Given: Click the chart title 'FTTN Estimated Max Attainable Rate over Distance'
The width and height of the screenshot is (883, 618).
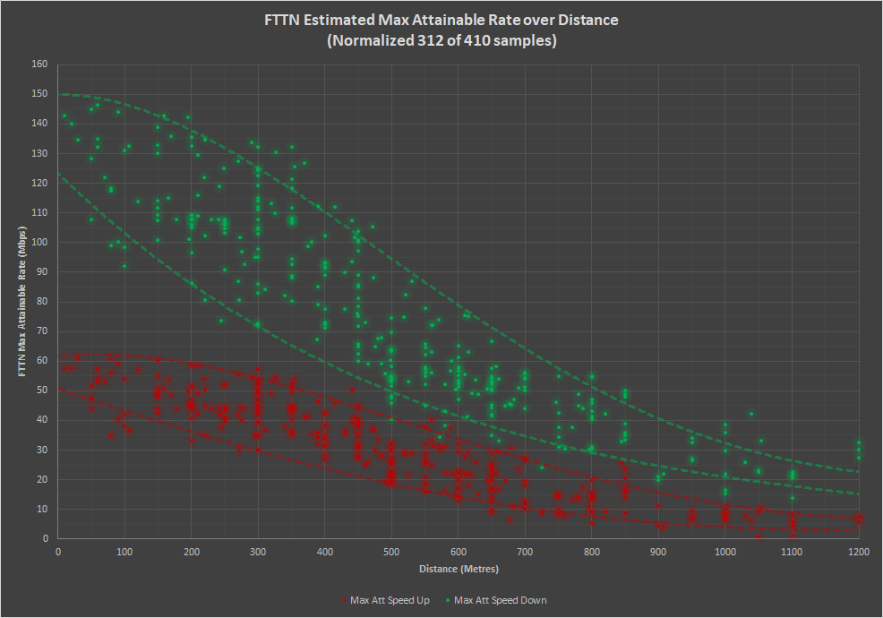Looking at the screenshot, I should (441, 19).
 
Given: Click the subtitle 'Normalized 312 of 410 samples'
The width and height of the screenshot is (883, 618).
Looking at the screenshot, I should (441, 40).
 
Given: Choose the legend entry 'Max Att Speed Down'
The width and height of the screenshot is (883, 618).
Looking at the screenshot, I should (501, 600).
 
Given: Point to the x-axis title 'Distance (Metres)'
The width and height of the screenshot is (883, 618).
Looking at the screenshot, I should (459, 569).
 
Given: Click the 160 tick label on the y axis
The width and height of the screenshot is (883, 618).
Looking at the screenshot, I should (39, 64).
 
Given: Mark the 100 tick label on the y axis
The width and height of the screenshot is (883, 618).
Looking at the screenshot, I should (39, 242).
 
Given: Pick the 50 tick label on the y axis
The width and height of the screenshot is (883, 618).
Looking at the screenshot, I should (41, 390).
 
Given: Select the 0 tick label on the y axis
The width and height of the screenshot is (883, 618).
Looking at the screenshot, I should (44, 538).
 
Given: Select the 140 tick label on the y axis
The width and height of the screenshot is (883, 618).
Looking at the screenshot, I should (39, 123).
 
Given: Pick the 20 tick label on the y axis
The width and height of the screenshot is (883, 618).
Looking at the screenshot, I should (41, 479).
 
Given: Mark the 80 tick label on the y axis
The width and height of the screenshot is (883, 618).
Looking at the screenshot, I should (41, 301).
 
